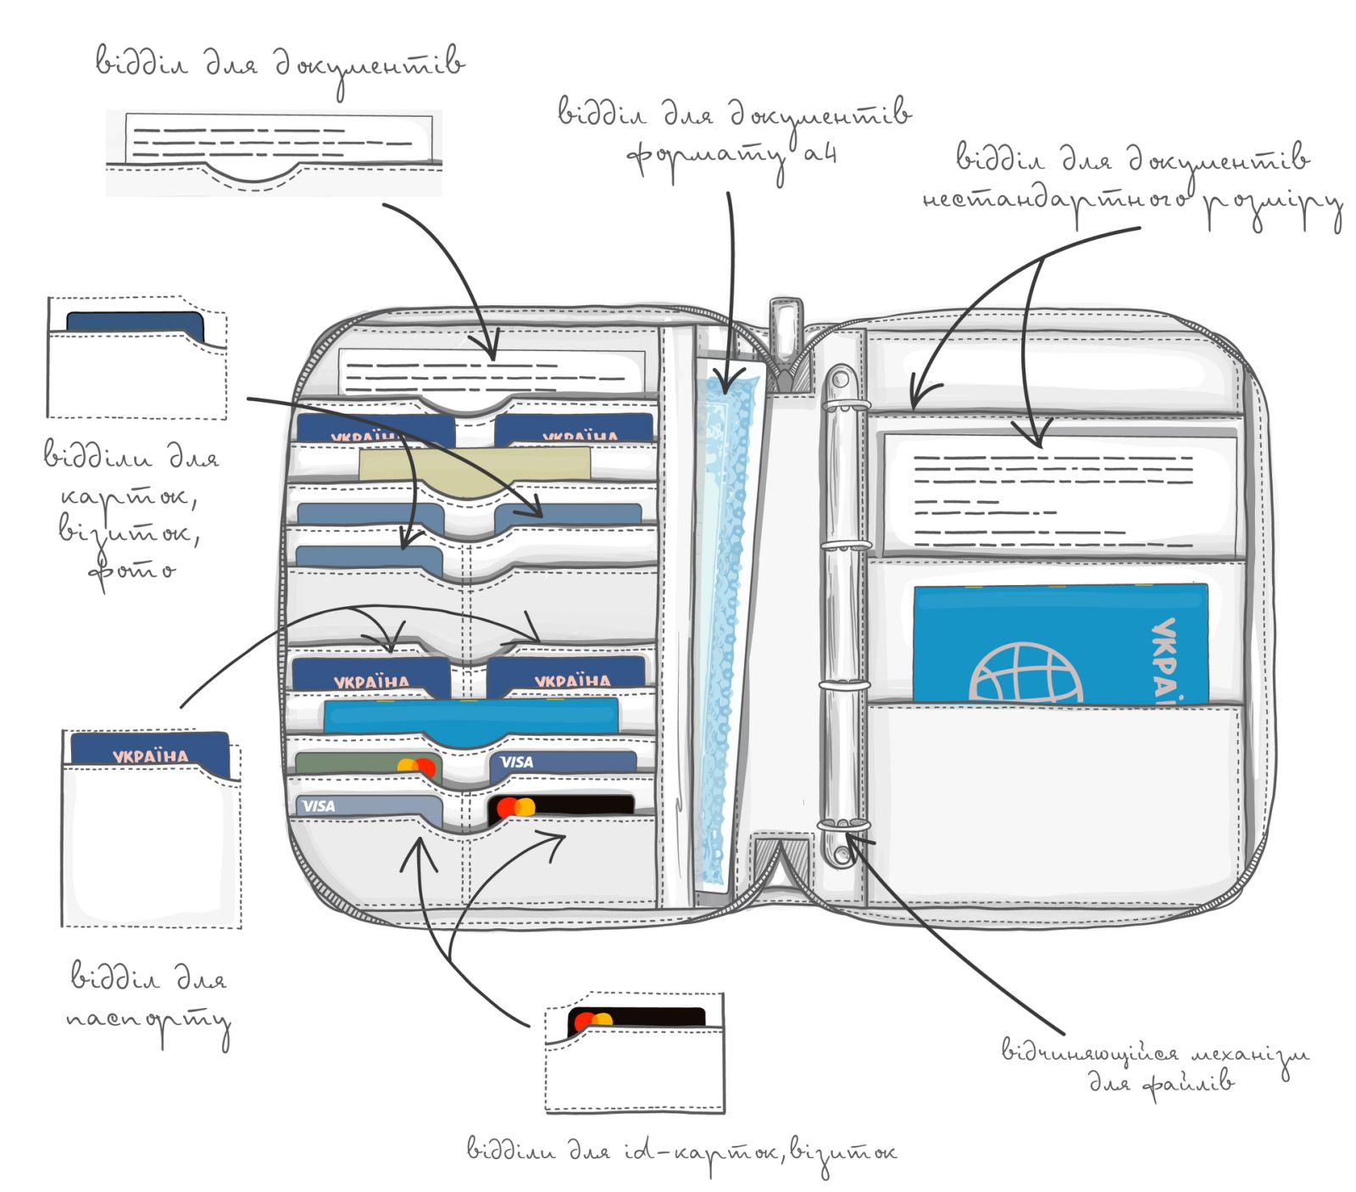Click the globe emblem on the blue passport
(1026, 673)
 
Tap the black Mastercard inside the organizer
(561, 805)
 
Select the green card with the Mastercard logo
(367, 765)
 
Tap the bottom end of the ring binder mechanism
(839, 851)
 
